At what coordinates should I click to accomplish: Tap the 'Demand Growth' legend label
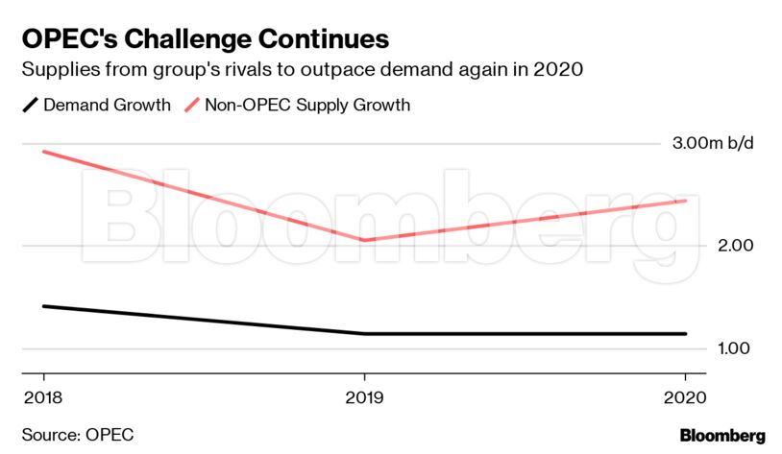click(107, 105)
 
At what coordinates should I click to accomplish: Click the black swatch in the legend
click(29, 105)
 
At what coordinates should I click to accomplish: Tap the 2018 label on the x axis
click(41, 396)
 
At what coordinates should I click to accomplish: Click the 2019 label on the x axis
click(363, 396)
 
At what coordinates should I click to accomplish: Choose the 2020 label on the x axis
click(685, 396)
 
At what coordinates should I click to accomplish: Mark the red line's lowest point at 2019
click(363, 240)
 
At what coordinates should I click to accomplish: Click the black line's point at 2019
click(363, 334)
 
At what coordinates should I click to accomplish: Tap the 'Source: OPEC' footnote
click(78, 435)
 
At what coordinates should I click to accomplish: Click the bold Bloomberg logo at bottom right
click(722, 435)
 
